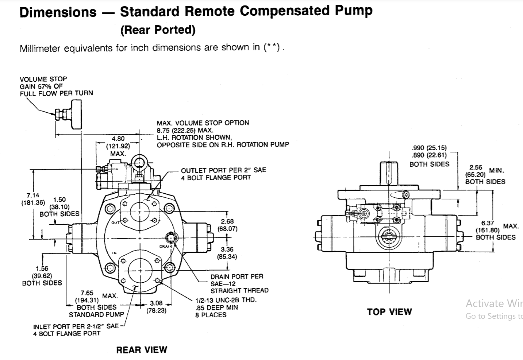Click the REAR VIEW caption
pos(142,350)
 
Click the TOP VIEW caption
pos(389,312)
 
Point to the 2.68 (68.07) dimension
pos(227,225)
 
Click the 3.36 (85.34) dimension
pos(227,253)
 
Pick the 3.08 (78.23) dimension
pos(156,307)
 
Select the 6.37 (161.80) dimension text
pos(488,227)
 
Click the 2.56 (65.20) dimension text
pos(476,171)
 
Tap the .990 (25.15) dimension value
pos(429,148)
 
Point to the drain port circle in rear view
pos(171,238)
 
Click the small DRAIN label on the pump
pos(165,247)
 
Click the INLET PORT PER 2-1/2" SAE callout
pos(76,326)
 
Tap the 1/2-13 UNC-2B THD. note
pos(226,300)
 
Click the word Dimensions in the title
pos(58,12)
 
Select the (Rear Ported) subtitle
pos(158,30)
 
